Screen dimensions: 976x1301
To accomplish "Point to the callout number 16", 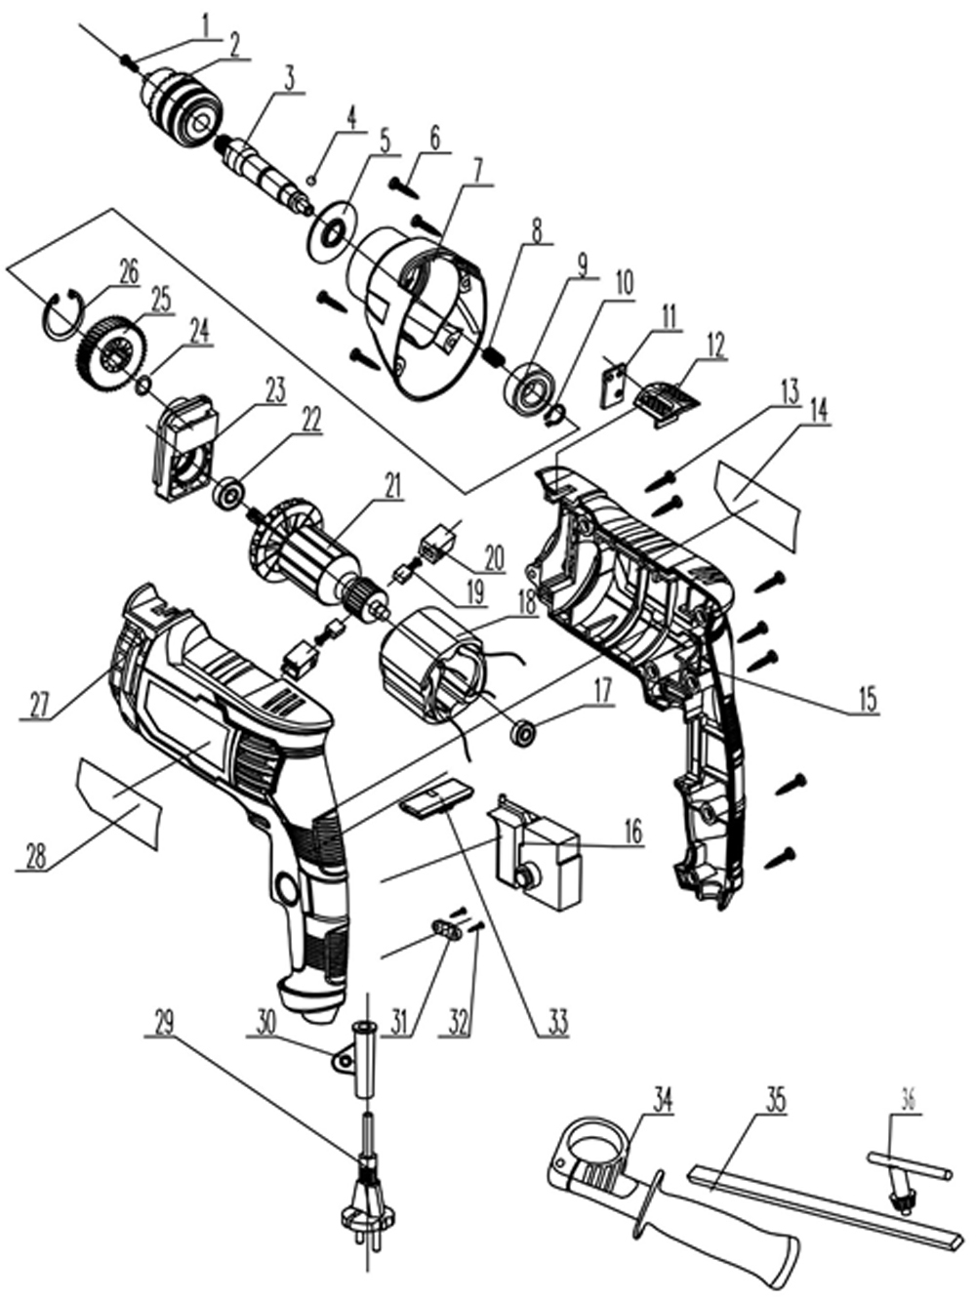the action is tap(632, 833).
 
